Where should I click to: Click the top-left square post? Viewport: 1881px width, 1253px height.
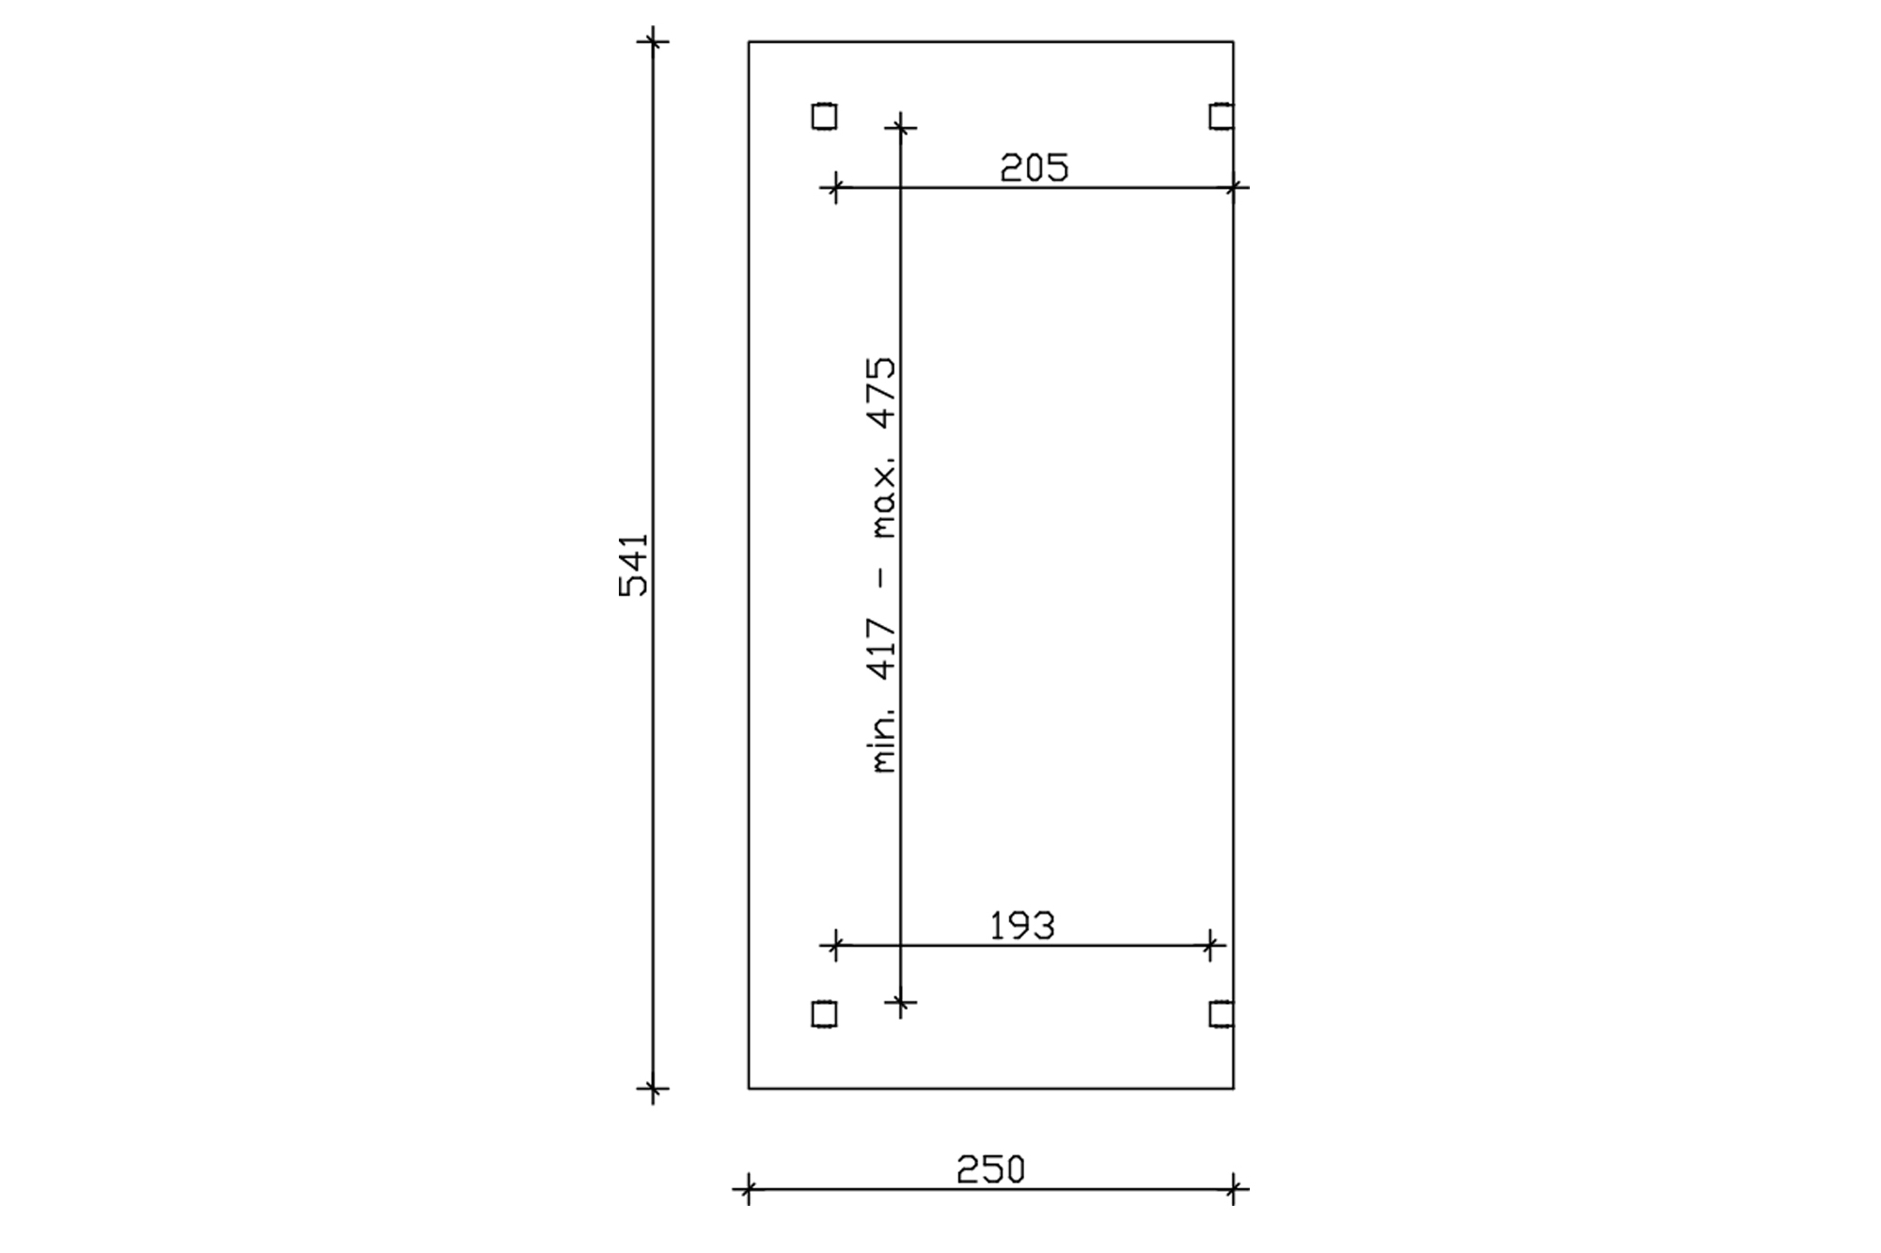tap(824, 116)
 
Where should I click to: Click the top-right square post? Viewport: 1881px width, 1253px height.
tap(1221, 116)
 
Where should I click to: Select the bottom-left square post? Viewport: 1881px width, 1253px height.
tap(824, 1014)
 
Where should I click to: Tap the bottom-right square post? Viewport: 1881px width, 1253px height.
tap(1221, 1014)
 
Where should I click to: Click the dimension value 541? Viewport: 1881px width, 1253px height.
tap(634, 565)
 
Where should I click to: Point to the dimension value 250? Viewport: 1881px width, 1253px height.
tap(990, 1170)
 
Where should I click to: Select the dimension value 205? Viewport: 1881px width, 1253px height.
tap(1035, 169)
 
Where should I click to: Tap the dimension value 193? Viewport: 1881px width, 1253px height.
tap(1022, 927)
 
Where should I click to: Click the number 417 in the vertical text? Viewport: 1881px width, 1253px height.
tap(884, 649)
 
